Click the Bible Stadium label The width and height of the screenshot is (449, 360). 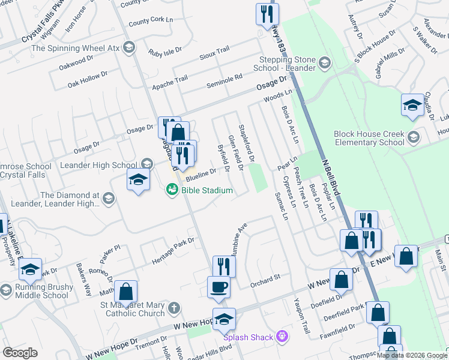click(207, 190)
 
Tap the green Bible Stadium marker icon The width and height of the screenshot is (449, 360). click(172, 190)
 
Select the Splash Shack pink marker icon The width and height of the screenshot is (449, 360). click(282, 337)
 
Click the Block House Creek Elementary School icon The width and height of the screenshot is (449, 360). click(413, 139)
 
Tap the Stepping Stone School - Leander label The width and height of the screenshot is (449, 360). click(284, 64)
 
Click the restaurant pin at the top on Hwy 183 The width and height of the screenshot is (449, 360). click(266, 14)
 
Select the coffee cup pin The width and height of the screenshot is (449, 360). click(218, 286)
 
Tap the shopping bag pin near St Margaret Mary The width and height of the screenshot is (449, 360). click(126, 292)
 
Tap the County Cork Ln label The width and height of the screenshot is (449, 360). click(151, 22)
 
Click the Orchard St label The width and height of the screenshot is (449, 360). click(265, 278)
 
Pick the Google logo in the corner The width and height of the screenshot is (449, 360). click(20, 353)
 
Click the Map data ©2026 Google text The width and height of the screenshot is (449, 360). click(412, 355)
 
